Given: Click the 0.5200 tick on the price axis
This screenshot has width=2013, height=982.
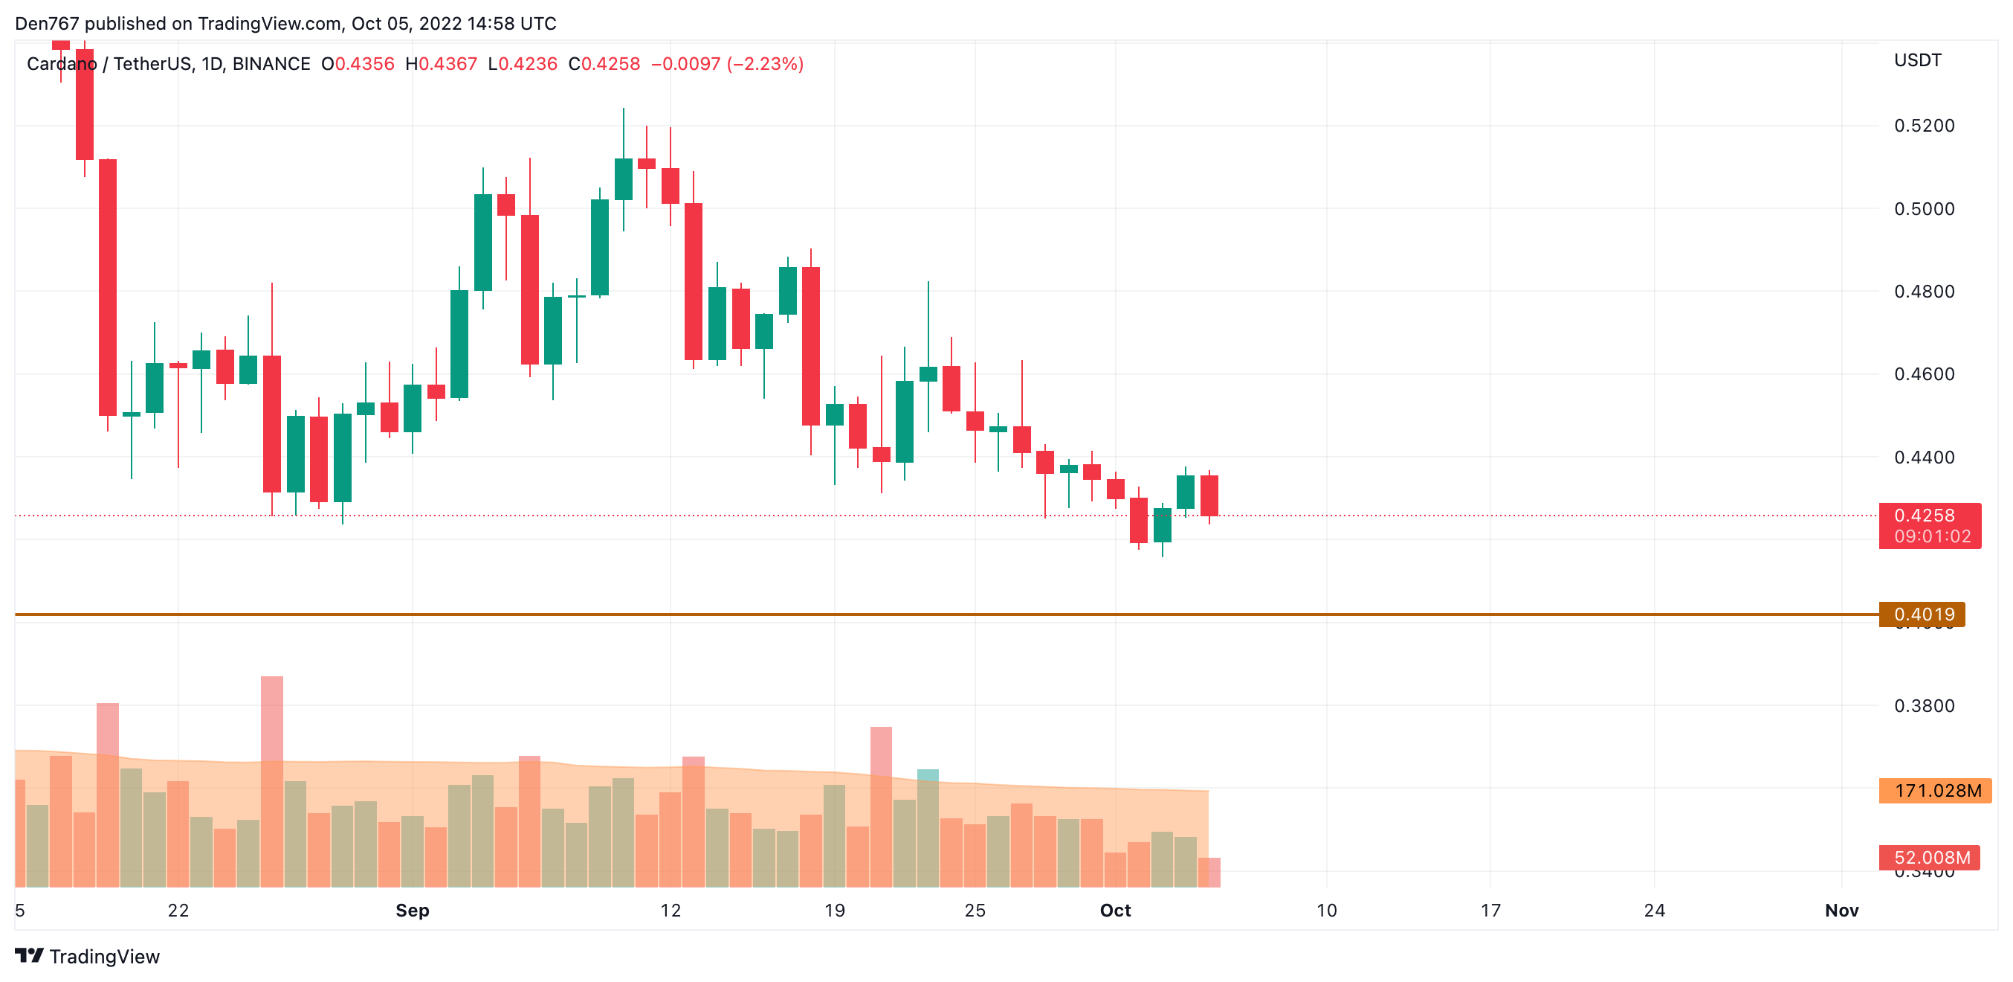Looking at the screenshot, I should pyautogui.click(x=1923, y=126).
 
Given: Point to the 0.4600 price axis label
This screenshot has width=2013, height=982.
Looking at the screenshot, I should pyautogui.click(x=1923, y=374).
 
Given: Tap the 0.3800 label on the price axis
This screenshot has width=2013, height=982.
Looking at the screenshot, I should pyautogui.click(x=1923, y=706).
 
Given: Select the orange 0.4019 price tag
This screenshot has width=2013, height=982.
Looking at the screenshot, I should pyautogui.click(x=1922, y=614).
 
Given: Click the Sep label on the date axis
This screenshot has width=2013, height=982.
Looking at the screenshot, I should pyautogui.click(x=412, y=911).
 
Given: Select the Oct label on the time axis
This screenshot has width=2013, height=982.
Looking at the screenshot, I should pyautogui.click(x=1115, y=911).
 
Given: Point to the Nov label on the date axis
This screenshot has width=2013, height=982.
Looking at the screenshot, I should pyautogui.click(x=1841, y=911).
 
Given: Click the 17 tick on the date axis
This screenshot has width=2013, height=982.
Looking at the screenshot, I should pyautogui.click(x=1490, y=911).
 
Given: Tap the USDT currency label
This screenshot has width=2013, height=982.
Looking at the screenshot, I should pyautogui.click(x=1917, y=60).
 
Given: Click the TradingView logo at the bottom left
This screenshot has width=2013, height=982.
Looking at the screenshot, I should pyautogui.click(x=88, y=956).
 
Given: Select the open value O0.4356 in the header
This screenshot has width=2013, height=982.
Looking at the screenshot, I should pyautogui.click(x=358, y=64).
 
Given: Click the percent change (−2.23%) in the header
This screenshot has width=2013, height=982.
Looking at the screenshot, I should pyautogui.click(x=765, y=64).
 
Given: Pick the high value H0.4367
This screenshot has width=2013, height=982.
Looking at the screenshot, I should pyautogui.click(x=441, y=64).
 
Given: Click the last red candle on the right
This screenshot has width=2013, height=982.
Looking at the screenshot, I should pyautogui.click(x=1209, y=495).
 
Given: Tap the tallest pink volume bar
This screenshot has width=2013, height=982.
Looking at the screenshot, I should pyautogui.click(x=272, y=719).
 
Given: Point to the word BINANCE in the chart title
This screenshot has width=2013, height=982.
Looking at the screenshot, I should pyautogui.click(x=271, y=64).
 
